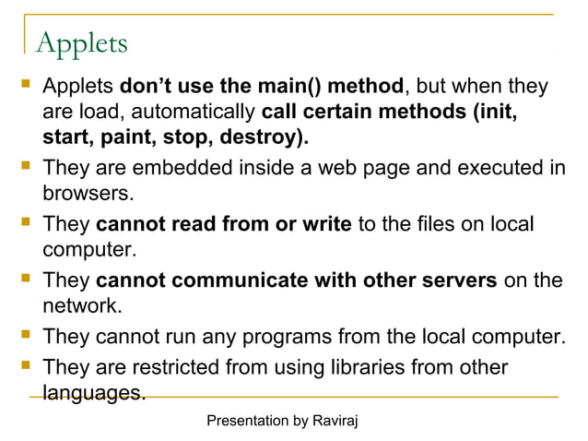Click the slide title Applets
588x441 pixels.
tap(81, 43)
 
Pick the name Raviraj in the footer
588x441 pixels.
tap(335, 421)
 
